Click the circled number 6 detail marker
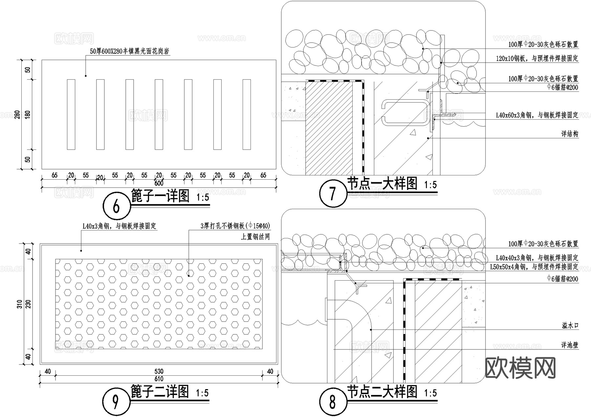(117, 207)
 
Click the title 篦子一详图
(160, 196)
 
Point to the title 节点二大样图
(382, 392)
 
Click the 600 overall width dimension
(159, 183)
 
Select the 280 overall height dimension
(17, 114)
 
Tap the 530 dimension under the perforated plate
(159, 371)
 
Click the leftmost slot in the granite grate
(71, 114)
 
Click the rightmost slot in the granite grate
(247, 114)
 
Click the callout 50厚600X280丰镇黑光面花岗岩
(129, 51)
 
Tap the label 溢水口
(570, 326)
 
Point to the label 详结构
(570, 134)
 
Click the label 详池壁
(570, 345)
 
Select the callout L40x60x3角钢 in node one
(537, 115)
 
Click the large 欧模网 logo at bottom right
(520, 368)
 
